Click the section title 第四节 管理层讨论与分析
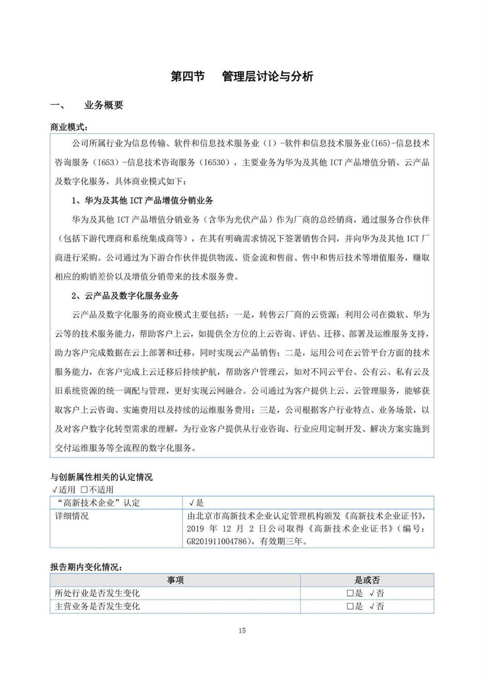point(242,76)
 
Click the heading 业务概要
point(104,105)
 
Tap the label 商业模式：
point(69,127)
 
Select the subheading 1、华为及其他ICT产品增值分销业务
point(142,201)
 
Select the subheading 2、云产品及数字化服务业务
point(125,296)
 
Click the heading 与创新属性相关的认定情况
point(101,477)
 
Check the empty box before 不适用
point(84,490)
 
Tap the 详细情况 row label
point(72,516)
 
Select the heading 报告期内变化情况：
point(86,567)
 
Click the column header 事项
point(175,580)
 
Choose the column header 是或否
point(367,580)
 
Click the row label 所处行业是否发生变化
point(97,593)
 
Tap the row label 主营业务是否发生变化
point(97,606)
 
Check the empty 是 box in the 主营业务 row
point(350,606)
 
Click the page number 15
point(242,631)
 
